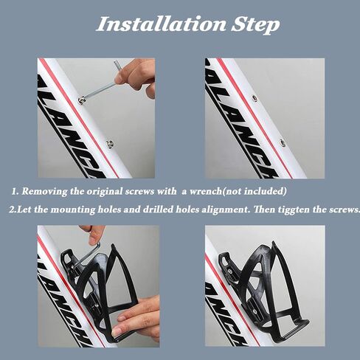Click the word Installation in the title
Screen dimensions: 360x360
162,24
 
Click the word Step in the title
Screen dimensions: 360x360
255,25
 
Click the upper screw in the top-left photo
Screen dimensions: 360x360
80,100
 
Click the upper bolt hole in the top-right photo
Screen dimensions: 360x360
255,98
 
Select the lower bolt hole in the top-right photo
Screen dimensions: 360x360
283,142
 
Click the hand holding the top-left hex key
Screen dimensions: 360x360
136,76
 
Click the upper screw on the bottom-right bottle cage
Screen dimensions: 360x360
230,271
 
